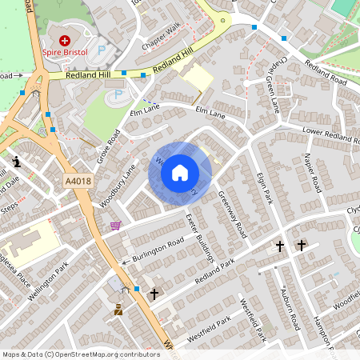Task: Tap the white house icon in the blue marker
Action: [x=180, y=173]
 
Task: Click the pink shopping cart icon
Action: [x=116, y=226]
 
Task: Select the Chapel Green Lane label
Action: [x=275, y=84]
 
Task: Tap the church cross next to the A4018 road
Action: [x=154, y=294]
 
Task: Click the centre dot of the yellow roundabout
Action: [x=223, y=19]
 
